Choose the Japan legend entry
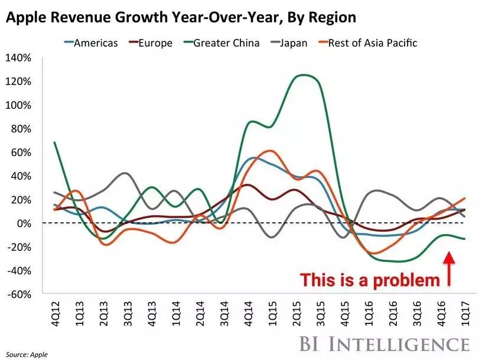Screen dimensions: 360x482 coord(294,43)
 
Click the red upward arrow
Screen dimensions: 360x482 coord(450,269)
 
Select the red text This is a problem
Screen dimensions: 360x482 coord(370,280)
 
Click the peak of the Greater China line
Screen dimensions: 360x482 coord(305,75)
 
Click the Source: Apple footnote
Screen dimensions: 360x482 coord(27,354)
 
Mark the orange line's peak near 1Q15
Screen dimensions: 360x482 coord(270,151)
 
